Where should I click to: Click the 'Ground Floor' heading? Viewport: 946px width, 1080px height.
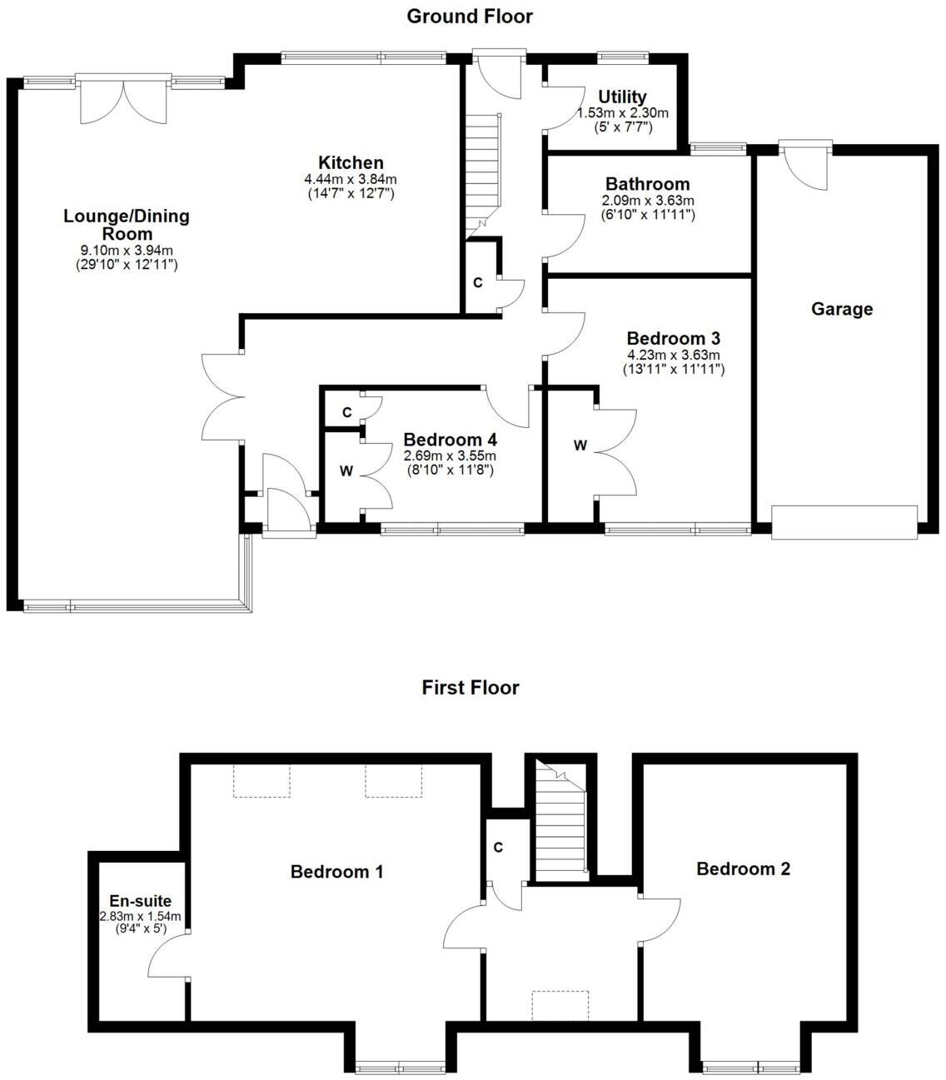pos(470,16)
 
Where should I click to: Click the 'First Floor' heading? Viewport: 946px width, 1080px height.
pos(470,687)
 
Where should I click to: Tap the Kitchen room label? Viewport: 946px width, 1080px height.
pos(351,163)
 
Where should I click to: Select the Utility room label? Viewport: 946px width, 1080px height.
pos(622,97)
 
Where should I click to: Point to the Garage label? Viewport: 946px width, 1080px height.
pos(842,309)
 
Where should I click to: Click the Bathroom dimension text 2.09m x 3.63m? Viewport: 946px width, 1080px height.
pos(647,201)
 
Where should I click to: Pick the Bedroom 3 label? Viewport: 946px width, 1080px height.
pos(673,338)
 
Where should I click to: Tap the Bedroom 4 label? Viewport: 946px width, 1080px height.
pos(454,440)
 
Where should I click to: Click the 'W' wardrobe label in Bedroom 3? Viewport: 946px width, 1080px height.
pos(580,445)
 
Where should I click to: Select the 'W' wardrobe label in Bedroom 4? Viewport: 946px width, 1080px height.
pos(346,470)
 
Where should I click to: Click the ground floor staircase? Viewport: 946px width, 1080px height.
pos(483,175)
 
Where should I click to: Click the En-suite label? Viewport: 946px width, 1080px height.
pos(140,901)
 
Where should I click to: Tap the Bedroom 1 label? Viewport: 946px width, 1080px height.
pos(336,872)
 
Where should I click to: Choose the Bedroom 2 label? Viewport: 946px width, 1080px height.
pos(743,868)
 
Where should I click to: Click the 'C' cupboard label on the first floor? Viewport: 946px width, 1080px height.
pos(498,848)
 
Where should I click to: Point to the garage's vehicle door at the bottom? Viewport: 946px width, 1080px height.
pos(844,522)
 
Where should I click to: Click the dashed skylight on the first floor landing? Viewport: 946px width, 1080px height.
pos(560,1005)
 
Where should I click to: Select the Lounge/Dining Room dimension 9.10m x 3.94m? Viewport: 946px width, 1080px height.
pos(127,251)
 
